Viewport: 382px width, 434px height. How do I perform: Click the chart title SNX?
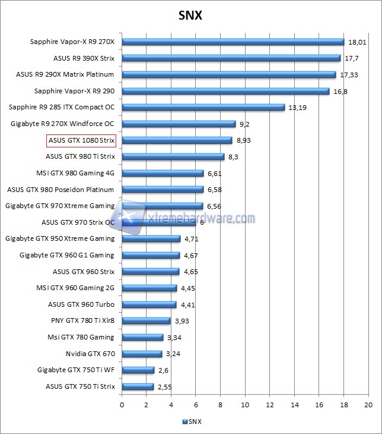[190, 15]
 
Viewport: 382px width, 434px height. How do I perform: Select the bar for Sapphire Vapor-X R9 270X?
[233, 42]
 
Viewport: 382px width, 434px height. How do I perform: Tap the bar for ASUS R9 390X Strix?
[231, 58]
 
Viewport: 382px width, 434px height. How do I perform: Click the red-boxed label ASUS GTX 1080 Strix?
[81, 140]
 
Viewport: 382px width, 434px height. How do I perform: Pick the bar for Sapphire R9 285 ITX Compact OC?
[203, 108]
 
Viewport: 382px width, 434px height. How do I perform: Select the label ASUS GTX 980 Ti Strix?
[80, 157]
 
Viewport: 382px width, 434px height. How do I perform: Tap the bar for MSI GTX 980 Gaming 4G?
[163, 174]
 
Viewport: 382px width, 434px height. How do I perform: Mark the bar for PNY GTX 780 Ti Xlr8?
[146, 321]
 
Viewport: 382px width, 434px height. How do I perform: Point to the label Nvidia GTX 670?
[90, 354]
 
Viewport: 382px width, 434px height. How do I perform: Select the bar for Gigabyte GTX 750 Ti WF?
[138, 370]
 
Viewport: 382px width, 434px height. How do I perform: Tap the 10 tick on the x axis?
[245, 404]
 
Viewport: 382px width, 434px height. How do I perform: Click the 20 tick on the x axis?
[368, 404]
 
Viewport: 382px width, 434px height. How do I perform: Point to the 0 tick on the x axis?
[122, 404]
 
